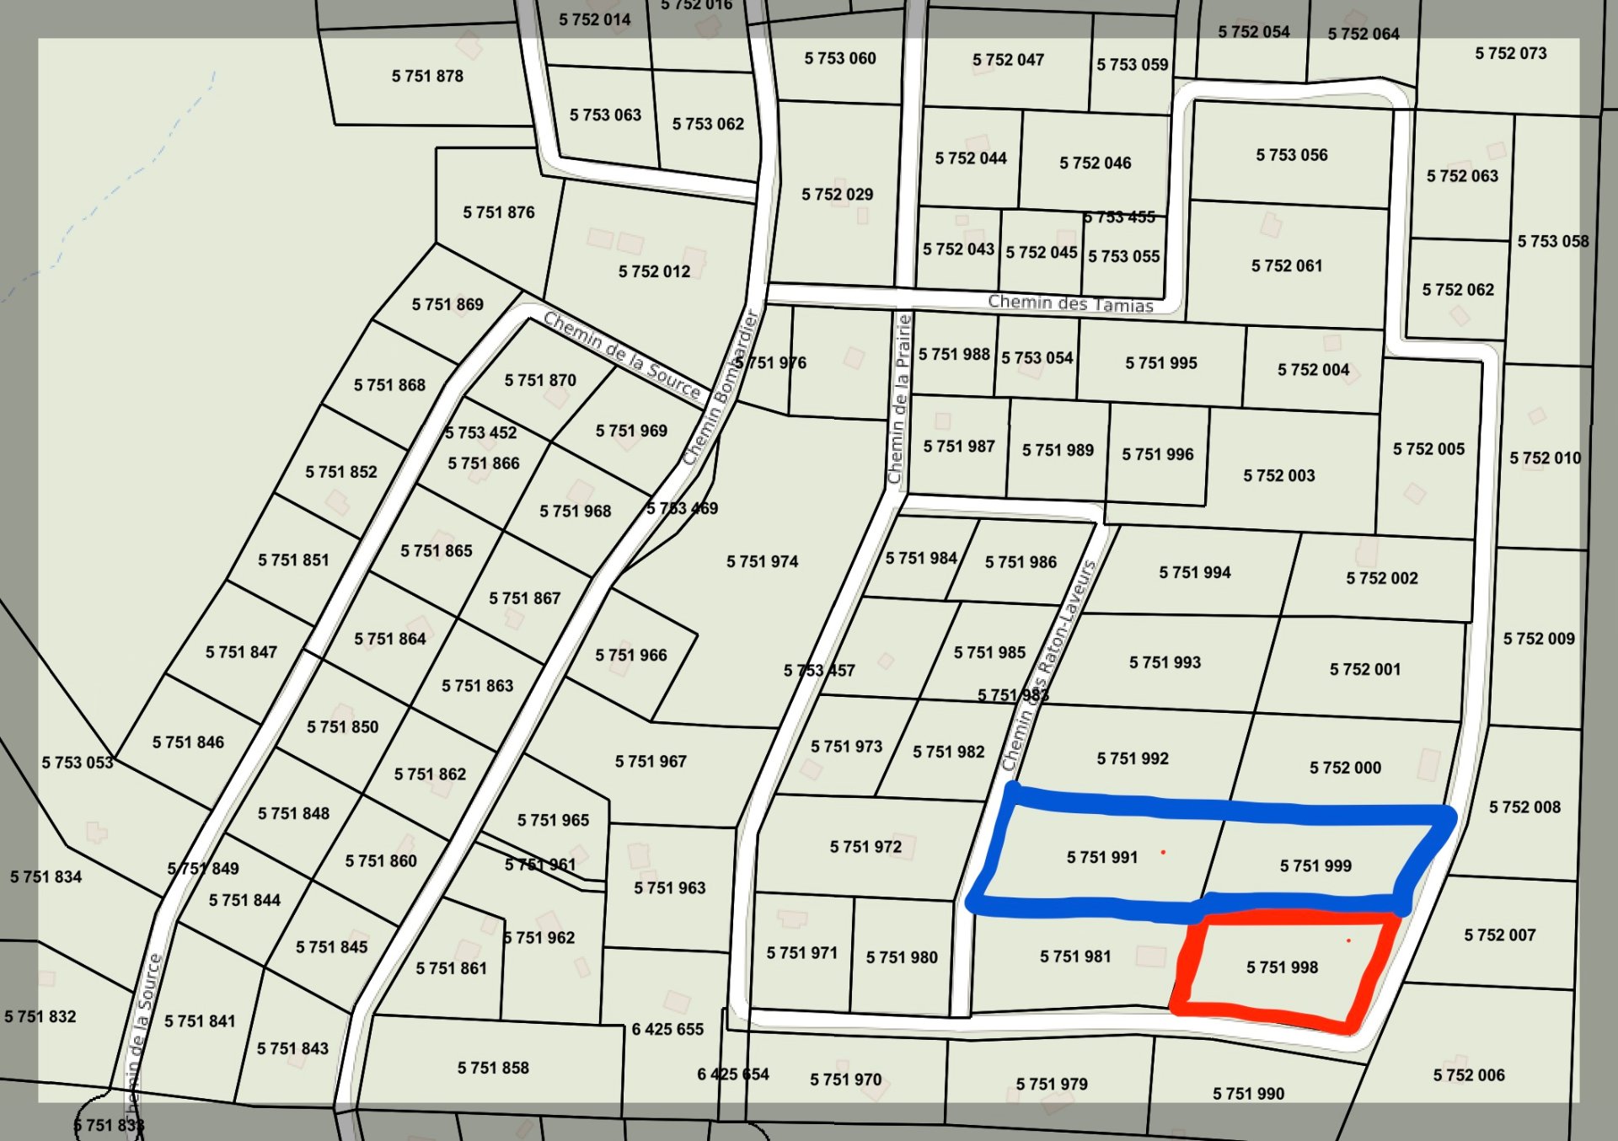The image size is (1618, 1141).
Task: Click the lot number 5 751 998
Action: click(1282, 967)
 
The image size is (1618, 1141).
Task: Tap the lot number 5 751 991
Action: click(1101, 858)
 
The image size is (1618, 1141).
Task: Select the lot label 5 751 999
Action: click(1315, 866)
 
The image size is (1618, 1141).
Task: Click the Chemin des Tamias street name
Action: click(1070, 303)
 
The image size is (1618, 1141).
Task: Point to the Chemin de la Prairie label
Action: click(899, 399)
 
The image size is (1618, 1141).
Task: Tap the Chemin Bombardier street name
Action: click(721, 388)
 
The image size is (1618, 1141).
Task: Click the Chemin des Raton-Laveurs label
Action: click(1049, 666)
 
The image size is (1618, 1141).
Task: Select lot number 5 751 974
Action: click(762, 561)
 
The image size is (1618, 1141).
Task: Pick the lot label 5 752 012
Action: click(654, 271)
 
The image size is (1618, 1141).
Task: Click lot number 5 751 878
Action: click(427, 76)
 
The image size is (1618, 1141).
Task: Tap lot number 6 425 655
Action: click(667, 1029)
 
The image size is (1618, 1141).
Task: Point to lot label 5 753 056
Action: click(1291, 155)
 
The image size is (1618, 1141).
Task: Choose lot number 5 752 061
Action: click(1286, 266)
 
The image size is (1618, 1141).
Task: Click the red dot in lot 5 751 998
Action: click(1348, 940)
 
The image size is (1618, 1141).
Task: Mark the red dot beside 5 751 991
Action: click(1163, 853)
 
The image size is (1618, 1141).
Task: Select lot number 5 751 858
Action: click(493, 1068)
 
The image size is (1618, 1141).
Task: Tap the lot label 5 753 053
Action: click(78, 763)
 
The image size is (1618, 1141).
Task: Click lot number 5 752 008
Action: click(1524, 807)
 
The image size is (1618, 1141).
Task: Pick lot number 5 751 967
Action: click(651, 762)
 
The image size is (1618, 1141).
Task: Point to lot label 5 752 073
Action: click(1510, 53)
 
